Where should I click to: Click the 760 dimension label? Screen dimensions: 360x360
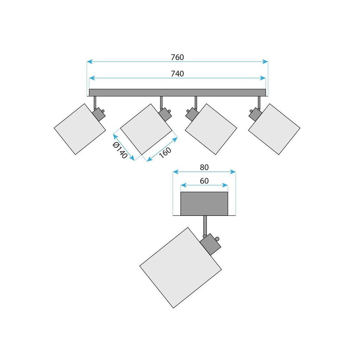click(177, 57)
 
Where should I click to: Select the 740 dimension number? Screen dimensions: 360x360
click(177, 74)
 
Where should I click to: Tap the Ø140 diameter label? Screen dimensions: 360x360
click(120, 150)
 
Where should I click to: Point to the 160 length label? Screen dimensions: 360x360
click(165, 152)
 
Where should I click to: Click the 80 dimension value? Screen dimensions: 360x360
click(204, 167)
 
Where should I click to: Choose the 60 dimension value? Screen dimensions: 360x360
click(204, 181)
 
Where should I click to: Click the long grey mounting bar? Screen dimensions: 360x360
click(177, 93)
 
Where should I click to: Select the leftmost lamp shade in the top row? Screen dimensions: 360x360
click(80, 129)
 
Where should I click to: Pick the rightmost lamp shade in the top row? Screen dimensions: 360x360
click(274, 129)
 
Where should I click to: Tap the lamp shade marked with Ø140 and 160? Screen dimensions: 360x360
click(146, 129)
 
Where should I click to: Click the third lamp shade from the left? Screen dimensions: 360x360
click(211, 129)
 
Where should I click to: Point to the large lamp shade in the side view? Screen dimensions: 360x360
click(180, 268)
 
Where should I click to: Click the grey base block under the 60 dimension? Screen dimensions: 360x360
click(204, 204)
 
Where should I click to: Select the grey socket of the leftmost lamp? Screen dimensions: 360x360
click(99, 114)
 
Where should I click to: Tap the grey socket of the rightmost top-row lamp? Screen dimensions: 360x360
click(255, 114)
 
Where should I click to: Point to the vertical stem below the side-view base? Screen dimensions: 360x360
click(205, 226)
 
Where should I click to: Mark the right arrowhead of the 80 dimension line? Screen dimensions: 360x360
click(233, 172)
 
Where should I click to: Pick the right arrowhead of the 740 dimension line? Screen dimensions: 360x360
click(263, 78)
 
